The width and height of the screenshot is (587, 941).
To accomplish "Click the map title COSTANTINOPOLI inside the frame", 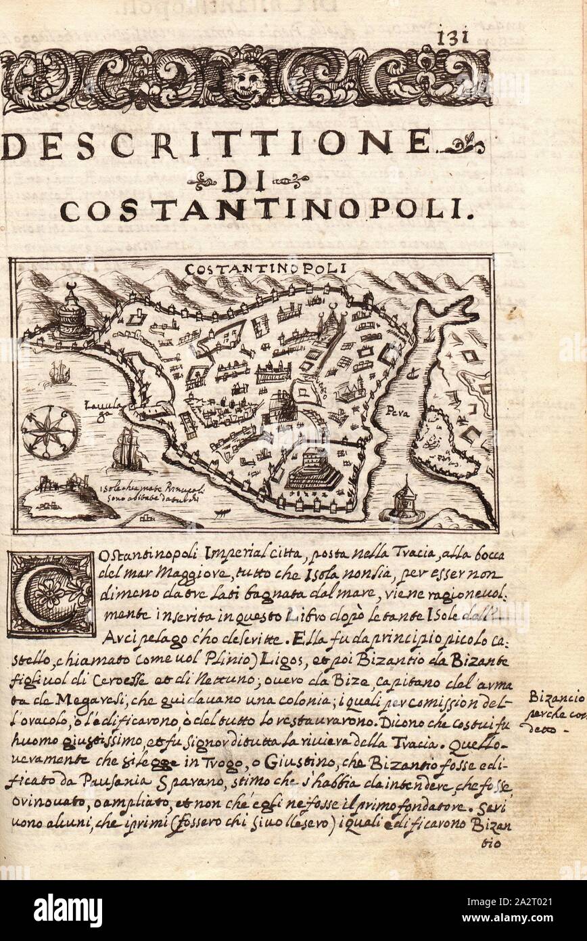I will [x=264, y=267].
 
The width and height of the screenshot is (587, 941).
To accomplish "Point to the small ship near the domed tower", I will [x=60, y=372].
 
